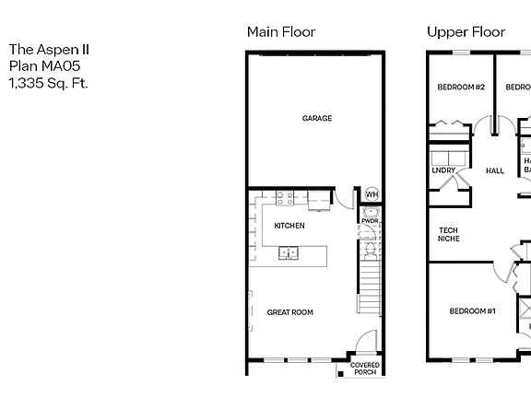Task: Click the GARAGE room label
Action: coord(316,118)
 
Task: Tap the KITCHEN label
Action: coord(289,226)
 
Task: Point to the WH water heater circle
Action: coord(372,194)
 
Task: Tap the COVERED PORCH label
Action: coord(365,369)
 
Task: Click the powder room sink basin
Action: coord(371,213)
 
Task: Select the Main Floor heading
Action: coord(281,32)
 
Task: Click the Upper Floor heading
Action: coord(466,32)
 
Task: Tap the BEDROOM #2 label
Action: coord(460,88)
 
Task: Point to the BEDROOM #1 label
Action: coord(472,337)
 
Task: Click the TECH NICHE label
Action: coord(448,235)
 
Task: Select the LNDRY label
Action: coord(442,170)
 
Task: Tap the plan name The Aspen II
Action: coord(50,50)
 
